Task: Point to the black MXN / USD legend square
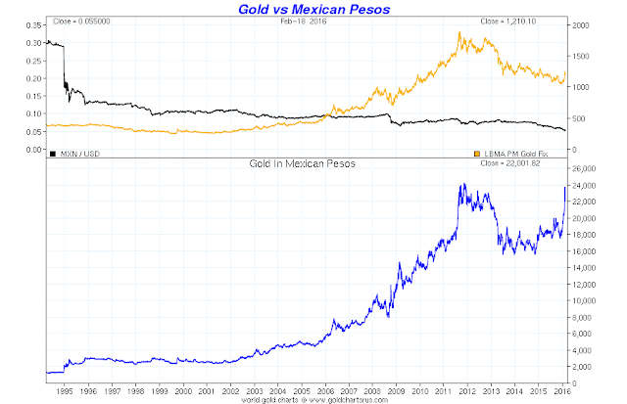tap(52, 153)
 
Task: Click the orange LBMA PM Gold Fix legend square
tap(477, 153)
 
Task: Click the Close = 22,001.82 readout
tap(532, 164)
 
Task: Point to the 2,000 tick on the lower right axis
tap(585, 366)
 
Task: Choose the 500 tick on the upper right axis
tap(578, 118)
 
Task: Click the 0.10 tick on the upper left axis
tap(32, 113)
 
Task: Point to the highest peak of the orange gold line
tap(459, 32)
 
